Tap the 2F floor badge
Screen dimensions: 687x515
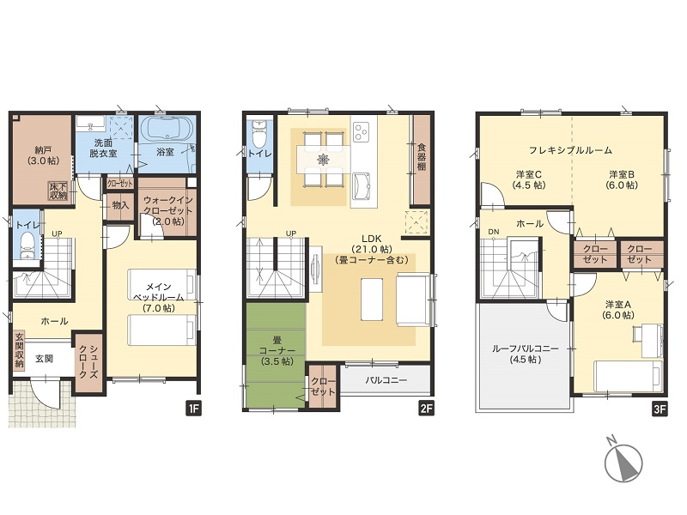(x=426, y=409)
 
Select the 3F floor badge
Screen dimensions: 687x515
(x=660, y=409)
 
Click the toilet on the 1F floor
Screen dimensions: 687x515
(x=28, y=246)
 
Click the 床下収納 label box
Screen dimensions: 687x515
(x=58, y=191)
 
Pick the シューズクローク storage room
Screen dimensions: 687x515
(x=89, y=361)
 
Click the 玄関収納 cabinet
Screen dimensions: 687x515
(x=19, y=349)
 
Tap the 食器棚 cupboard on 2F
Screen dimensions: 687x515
(x=422, y=160)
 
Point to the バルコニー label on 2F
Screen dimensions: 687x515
(x=386, y=380)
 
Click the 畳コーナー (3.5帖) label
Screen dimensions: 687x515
(x=276, y=351)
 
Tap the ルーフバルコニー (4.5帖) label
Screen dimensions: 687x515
(x=525, y=354)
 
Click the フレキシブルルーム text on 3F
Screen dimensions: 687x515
(x=570, y=150)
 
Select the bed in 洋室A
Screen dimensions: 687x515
(x=629, y=376)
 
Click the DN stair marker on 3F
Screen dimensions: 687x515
(x=493, y=231)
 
